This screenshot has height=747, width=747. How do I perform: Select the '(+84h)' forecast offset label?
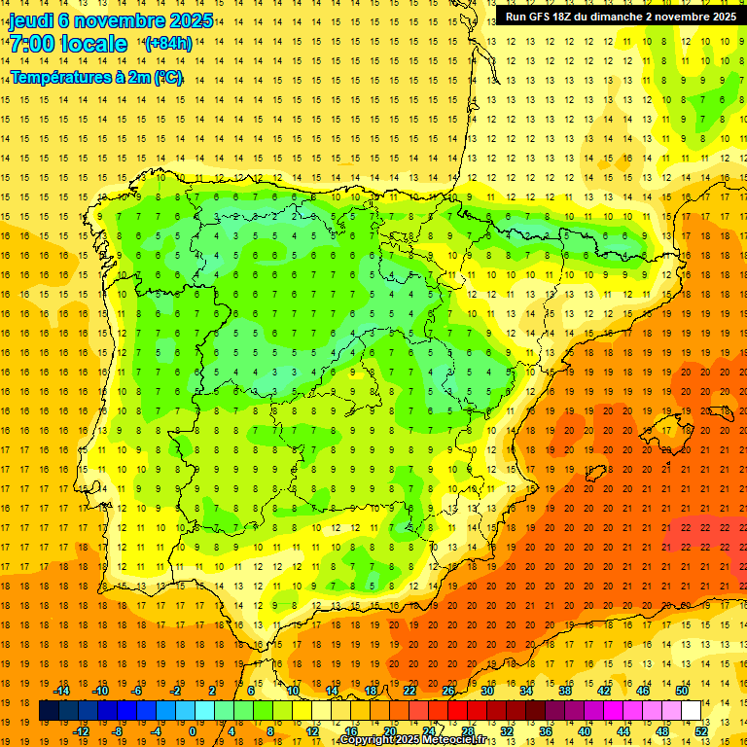(x=168, y=44)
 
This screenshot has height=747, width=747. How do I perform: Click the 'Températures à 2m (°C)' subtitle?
(x=96, y=77)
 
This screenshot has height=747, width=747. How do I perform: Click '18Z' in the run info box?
(x=570, y=17)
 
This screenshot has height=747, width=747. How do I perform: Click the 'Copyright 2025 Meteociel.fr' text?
(x=412, y=740)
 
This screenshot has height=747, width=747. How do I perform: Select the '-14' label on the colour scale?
(x=61, y=691)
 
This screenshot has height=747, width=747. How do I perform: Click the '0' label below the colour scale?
(x=192, y=731)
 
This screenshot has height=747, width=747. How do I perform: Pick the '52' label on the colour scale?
(x=702, y=731)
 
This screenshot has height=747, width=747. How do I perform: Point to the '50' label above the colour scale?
(x=682, y=691)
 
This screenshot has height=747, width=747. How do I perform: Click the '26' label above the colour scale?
(x=448, y=691)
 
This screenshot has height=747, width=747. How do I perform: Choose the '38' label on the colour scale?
(x=565, y=691)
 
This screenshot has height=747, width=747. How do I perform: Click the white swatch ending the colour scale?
(x=692, y=711)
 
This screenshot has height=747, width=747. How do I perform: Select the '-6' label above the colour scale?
(x=137, y=691)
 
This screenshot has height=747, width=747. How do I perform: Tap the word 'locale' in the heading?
(x=94, y=44)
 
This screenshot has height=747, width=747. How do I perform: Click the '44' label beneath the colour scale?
(x=624, y=731)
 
